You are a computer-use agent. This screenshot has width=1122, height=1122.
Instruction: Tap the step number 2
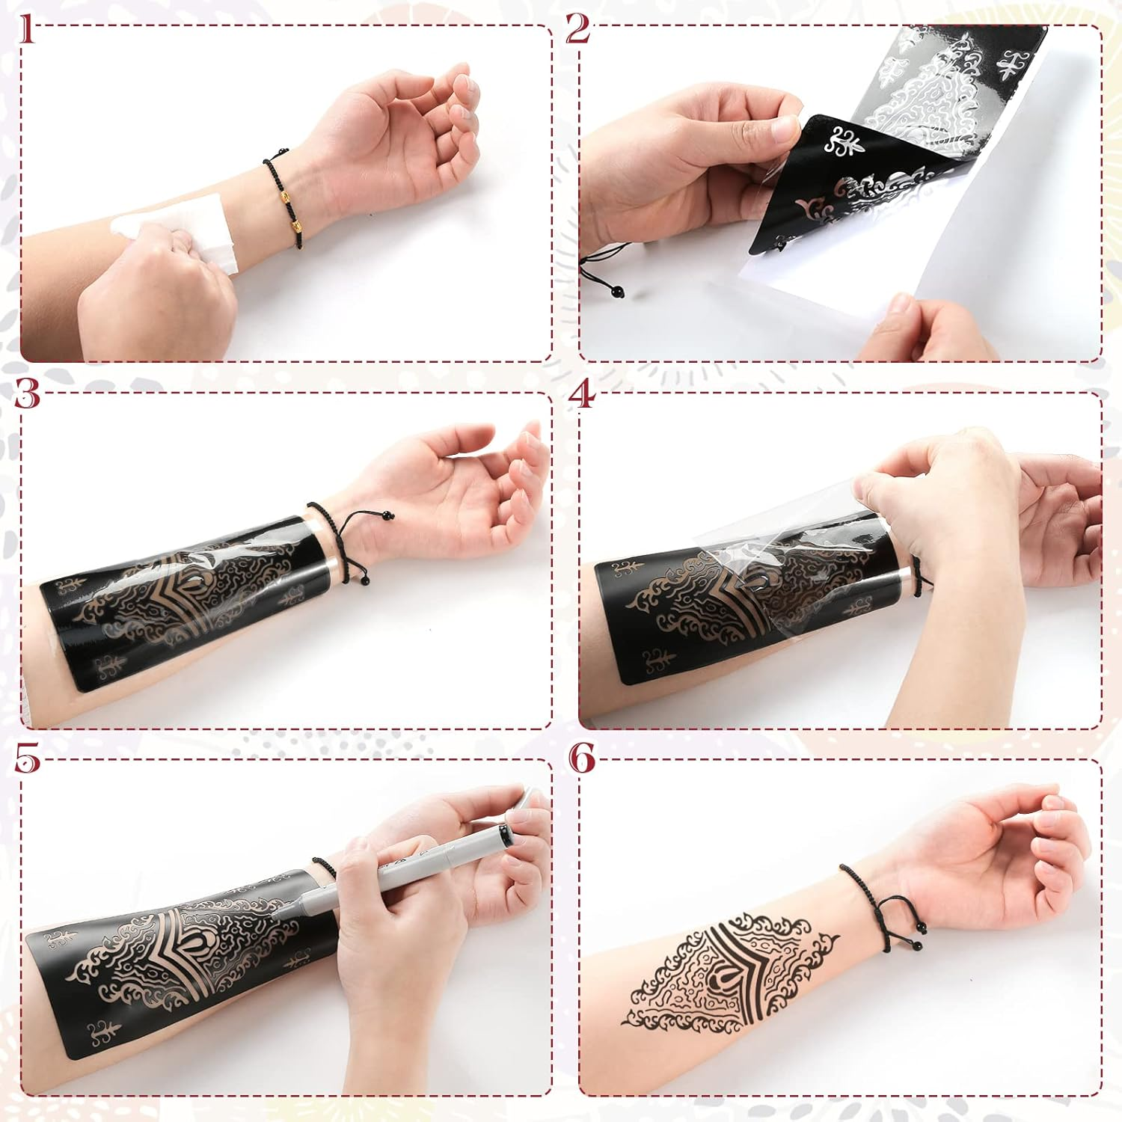pyautogui.click(x=577, y=29)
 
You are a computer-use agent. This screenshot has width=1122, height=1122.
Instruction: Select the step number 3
pyautogui.click(x=27, y=393)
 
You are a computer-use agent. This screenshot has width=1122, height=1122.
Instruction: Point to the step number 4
pyautogui.click(x=581, y=393)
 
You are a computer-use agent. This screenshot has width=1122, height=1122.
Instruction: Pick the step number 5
pyautogui.click(x=27, y=758)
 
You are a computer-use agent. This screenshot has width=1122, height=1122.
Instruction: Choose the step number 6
pyautogui.click(x=582, y=758)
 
